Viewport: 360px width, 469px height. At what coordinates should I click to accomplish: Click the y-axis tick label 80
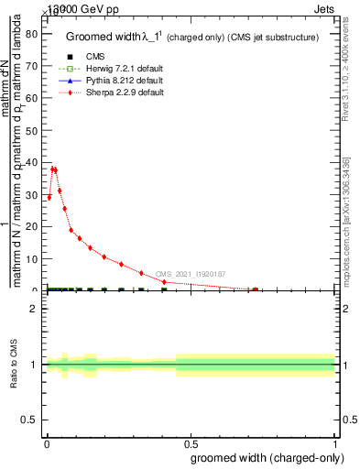coord(30,35)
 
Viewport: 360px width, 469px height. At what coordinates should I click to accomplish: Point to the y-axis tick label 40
coord(30,163)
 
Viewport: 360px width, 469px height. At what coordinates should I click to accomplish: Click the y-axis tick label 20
coord(30,227)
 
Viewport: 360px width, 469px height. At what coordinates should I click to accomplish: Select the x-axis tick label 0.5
coord(191,443)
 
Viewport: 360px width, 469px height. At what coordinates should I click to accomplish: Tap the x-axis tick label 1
coord(335,443)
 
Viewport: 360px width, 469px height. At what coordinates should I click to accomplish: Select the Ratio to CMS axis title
coord(15,365)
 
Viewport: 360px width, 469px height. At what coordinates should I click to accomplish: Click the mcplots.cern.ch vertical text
coord(346,220)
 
